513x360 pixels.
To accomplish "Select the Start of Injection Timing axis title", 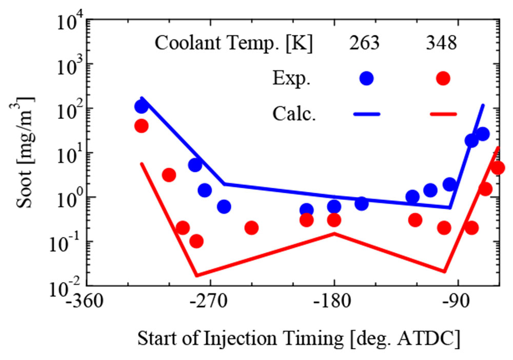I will pyautogui.click(x=298, y=339).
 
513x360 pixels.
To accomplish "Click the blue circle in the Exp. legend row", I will pyautogui.click(x=366, y=78).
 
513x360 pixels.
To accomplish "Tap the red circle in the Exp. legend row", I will pyautogui.click(x=443, y=78).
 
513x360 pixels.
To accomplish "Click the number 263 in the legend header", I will pyautogui.click(x=364, y=44).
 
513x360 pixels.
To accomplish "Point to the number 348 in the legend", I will pyautogui.click(x=441, y=44).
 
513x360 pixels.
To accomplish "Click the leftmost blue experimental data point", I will pyautogui.click(x=141, y=107).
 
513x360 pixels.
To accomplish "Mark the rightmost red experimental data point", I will pyautogui.click(x=498, y=168).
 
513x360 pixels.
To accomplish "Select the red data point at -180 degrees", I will pyautogui.click(x=334, y=220).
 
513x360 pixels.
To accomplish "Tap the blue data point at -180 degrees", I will pyautogui.click(x=334, y=207).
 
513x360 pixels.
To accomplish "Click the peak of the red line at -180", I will pyautogui.click(x=334, y=233).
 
